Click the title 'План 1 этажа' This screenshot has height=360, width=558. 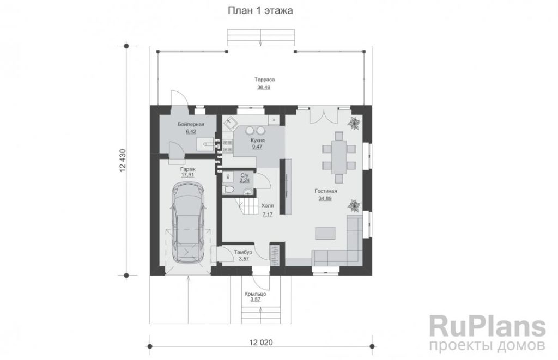(x=260, y=11)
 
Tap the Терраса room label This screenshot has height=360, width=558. (x=264, y=80)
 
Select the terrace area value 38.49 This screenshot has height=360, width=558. (x=264, y=87)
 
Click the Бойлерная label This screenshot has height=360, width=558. (x=191, y=124)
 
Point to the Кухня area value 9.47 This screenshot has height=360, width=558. (x=257, y=147)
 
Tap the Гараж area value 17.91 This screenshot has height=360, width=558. (x=187, y=175)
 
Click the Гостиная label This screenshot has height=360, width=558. (x=326, y=191)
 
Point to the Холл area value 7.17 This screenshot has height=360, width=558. (x=267, y=215)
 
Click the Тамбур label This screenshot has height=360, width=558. (x=243, y=252)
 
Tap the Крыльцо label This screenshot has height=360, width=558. (x=256, y=294)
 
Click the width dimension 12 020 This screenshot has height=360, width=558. (x=261, y=343)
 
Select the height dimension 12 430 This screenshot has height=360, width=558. (x=123, y=161)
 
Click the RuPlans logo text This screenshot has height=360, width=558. (x=488, y=326)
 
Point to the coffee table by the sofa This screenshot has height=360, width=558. (x=325, y=233)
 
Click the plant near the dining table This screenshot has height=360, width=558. (x=354, y=124)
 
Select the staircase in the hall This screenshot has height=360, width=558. (x=248, y=206)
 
